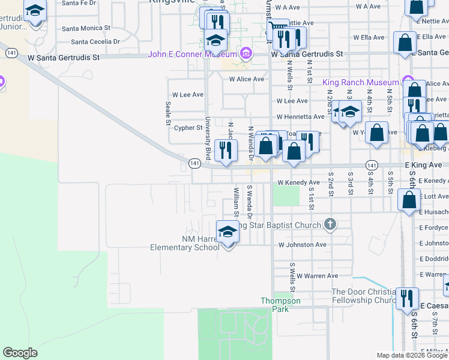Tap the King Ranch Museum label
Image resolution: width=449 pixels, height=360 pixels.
click(x=360, y=82)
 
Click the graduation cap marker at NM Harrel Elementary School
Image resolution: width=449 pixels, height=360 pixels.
click(x=228, y=233)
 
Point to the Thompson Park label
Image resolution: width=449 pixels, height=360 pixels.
click(x=276, y=304)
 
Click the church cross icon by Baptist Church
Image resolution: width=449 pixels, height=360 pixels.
click(x=329, y=225)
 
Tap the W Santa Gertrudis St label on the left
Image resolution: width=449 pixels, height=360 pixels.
click(x=63, y=58)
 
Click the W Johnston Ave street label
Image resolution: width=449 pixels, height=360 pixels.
click(x=302, y=245)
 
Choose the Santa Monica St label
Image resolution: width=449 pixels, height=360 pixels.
click(x=86, y=28)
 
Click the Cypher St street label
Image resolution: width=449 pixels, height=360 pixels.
click(x=188, y=128)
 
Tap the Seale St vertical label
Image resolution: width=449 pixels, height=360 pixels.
click(x=167, y=113)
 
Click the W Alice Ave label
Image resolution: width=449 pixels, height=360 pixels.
click(x=246, y=79)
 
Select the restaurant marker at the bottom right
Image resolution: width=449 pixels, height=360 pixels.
click(x=408, y=298)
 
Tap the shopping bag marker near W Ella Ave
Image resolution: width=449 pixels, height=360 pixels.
click(x=405, y=42)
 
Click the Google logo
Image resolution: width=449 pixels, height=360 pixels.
click(x=20, y=353)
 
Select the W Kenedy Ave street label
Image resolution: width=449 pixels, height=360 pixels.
click(x=298, y=182)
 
